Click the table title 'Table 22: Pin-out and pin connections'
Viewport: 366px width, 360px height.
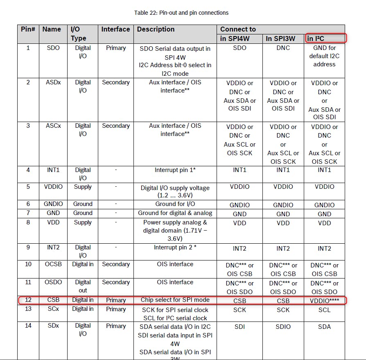[181, 13]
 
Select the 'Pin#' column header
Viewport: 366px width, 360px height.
[28, 29]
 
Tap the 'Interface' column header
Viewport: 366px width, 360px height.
[115, 29]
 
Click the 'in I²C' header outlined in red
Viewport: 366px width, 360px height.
[325, 38]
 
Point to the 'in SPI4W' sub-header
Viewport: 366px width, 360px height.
[235, 39]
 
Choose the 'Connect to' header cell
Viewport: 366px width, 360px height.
[238, 29]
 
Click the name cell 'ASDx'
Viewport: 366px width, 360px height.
[53, 82]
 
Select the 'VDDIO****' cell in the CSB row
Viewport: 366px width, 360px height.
[325, 301]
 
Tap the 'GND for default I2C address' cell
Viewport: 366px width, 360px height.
[324, 56]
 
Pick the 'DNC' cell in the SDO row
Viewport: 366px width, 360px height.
[283, 48]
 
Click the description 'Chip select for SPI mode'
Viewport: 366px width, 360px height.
[175, 300]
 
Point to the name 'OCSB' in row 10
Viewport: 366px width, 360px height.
[53, 264]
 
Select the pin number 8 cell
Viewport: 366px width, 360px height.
[28, 222]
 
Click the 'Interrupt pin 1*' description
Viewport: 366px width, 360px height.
[175, 170]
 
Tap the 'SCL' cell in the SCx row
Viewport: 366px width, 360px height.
[324, 310]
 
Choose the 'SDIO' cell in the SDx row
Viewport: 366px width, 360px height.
[283, 326]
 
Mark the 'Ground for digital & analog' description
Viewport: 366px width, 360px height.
[175, 213]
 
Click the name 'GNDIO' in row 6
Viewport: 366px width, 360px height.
[53, 204]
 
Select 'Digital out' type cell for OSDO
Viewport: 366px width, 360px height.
[83, 286]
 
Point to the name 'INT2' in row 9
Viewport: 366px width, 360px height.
[53, 247]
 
